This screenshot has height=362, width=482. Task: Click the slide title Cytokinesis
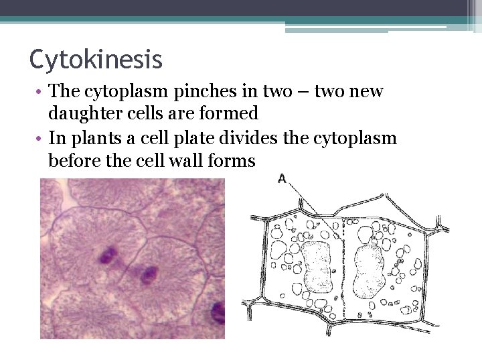[96, 60]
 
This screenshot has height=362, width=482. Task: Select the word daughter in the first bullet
[84, 114]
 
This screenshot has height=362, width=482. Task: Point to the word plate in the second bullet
[216, 139]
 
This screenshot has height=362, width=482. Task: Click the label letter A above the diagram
[282, 179]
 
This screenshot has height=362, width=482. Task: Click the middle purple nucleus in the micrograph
[146, 274]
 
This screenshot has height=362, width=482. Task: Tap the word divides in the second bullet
[268, 139]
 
